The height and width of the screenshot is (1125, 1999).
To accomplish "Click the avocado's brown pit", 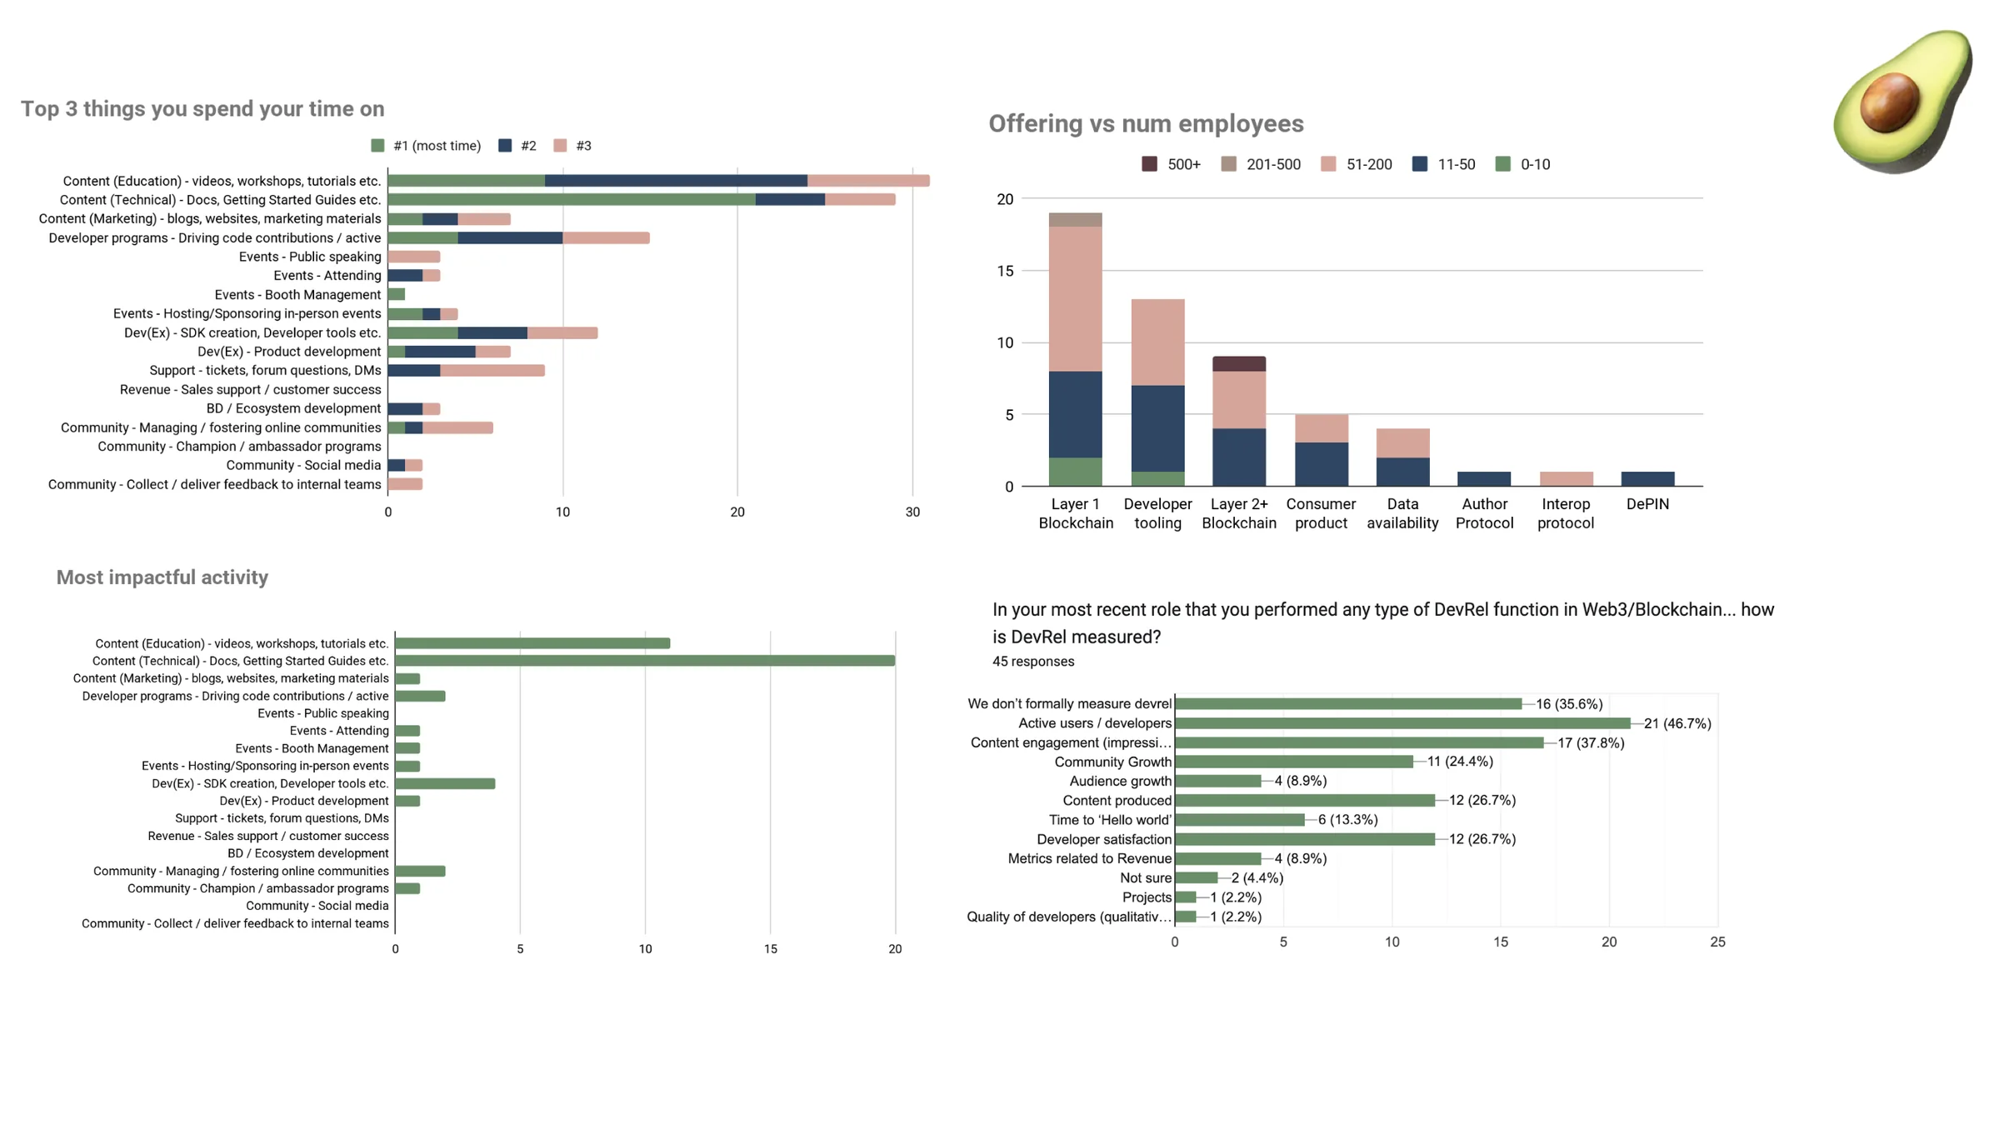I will (1889, 102).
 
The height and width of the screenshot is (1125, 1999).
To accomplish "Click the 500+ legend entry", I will (1171, 164).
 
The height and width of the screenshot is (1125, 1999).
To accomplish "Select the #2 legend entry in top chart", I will (517, 146).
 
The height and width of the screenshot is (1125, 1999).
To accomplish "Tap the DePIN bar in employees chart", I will (1647, 478).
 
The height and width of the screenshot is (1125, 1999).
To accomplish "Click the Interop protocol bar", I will (1566, 478).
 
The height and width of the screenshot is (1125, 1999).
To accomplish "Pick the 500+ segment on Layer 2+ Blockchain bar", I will (1238, 363).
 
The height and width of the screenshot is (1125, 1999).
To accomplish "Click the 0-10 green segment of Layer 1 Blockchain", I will (1075, 472).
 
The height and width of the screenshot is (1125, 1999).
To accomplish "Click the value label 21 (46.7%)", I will (1677, 723).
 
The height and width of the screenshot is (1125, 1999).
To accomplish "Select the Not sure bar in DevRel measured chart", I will (1196, 877).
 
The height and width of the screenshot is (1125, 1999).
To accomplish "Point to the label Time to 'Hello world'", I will (1109, 820).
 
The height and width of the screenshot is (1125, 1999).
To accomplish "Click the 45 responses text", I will (1032, 662).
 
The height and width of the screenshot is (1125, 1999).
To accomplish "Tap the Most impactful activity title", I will (162, 577).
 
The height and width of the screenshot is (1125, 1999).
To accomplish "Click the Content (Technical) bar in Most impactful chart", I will (644, 661).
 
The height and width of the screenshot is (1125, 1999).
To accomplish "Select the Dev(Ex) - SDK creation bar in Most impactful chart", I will (445, 783).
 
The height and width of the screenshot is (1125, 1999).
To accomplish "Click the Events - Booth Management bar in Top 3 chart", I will (397, 294).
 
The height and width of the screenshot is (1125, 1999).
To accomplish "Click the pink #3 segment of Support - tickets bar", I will (492, 371).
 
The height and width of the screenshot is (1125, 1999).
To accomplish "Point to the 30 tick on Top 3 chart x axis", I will (912, 512).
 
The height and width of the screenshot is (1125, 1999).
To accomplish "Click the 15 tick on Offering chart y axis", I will (1005, 271).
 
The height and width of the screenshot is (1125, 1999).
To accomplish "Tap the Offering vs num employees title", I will (1146, 124).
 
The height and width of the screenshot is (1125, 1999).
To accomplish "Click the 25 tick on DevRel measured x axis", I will (1717, 942).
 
